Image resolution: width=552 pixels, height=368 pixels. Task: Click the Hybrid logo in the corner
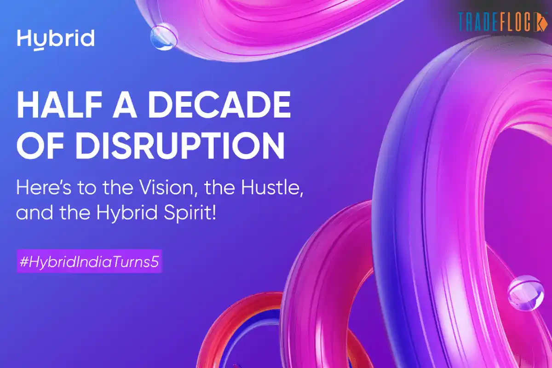click(x=56, y=39)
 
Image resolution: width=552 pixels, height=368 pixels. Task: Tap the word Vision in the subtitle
click(x=147, y=189)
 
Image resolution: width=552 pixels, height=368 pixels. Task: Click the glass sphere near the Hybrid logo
click(x=164, y=37)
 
